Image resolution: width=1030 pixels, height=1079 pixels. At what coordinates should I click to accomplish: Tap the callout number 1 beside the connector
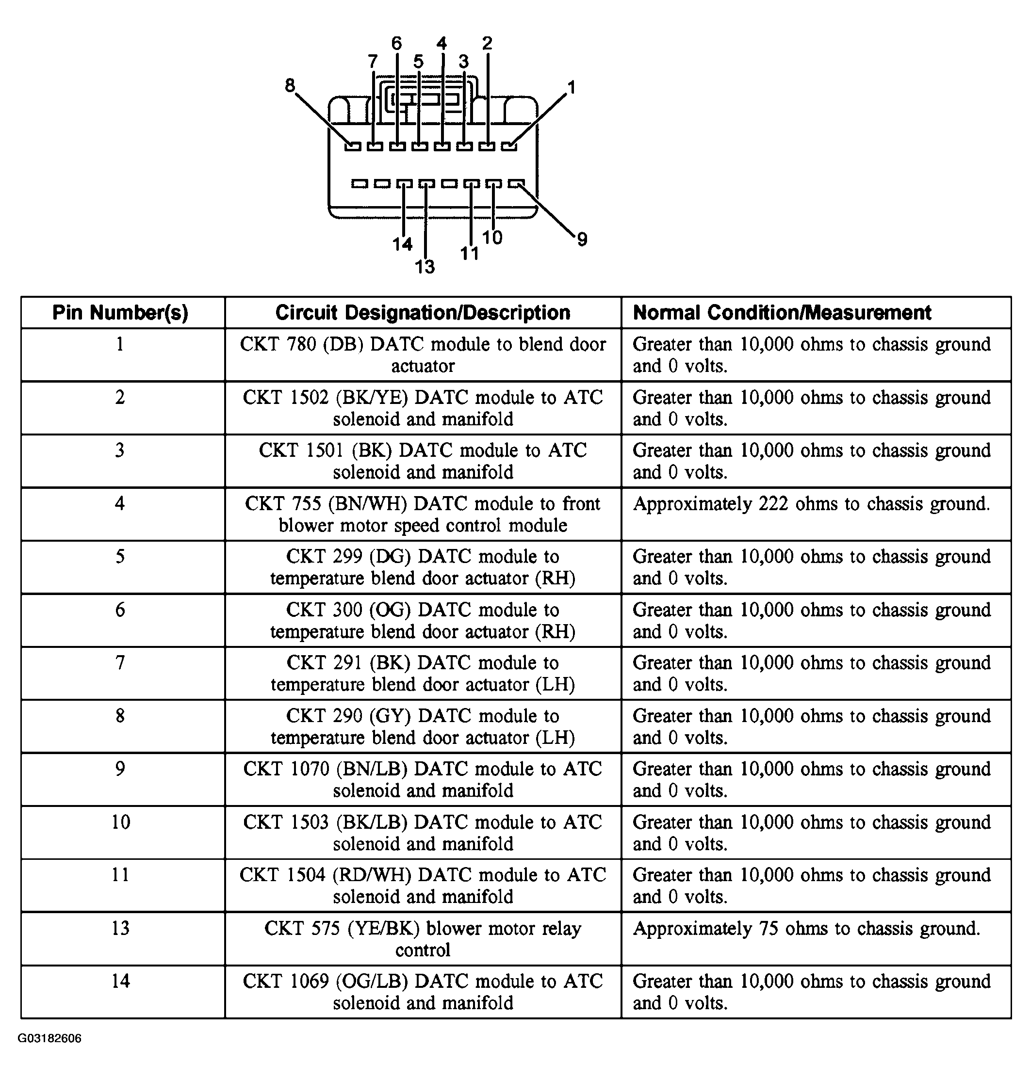click(x=572, y=87)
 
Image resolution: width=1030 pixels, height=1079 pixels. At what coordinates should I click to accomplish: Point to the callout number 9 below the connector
click(x=582, y=239)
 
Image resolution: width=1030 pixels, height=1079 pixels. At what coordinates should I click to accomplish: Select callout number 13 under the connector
click(x=425, y=267)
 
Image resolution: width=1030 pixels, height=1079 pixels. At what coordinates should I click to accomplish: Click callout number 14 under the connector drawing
click(x=403, y=243)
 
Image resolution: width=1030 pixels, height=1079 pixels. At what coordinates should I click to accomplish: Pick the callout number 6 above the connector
click(x=396, y=43)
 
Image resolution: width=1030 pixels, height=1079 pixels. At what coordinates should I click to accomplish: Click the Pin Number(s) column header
click(x=120, y=313)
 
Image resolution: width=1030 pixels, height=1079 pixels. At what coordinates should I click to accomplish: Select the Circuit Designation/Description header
click(x=423, y=313)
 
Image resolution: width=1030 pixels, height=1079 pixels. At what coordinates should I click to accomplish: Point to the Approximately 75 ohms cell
click(x=806, y=929)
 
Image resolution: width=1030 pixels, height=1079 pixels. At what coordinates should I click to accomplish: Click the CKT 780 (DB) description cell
click(x=423, y=354)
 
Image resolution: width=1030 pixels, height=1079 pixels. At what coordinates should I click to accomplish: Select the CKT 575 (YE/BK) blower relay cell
click(x=423, y=939)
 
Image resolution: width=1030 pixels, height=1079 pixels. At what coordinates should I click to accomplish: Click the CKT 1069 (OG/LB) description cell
click(x=423, y=992)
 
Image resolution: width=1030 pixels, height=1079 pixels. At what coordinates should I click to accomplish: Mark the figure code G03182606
click(x=49, y=1038)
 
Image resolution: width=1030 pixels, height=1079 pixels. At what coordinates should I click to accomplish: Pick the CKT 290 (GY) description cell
click(x=423, y=726)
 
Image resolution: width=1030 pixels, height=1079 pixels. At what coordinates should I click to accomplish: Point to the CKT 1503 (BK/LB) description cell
click(x=423, y=833)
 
